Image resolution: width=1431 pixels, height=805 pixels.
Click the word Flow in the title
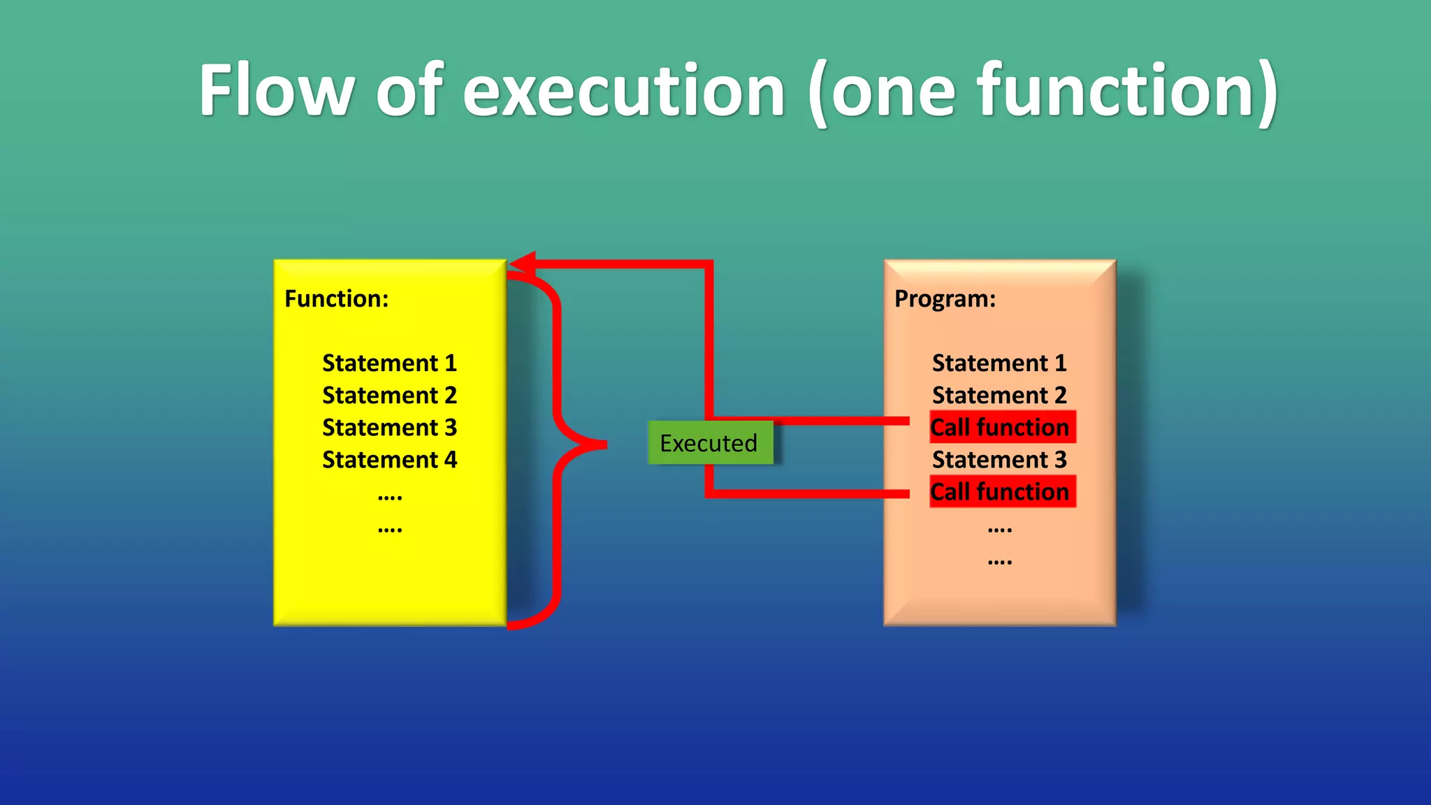[275, 91]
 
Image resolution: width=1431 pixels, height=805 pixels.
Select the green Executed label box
[710, 443]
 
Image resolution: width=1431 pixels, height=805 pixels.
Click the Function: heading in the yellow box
[336, 299]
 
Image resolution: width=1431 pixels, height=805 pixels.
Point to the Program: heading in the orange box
[945, 299]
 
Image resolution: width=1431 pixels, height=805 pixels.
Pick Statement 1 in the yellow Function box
[389, 363]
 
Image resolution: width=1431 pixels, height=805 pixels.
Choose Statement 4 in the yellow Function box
[389, 460]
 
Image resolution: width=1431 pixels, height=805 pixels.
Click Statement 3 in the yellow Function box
[389, 428]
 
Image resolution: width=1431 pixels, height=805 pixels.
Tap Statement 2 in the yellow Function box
[389, 396]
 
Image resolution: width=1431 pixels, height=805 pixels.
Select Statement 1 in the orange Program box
[999, 363]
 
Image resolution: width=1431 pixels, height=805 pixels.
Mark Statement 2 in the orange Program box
[999, 396]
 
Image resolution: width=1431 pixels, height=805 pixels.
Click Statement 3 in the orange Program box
[999, 460]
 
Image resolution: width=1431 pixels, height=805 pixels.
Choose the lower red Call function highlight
[1002, 492]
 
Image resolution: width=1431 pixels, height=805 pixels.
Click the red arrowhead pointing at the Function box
[523, 263]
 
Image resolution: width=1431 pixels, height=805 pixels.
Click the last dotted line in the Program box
[999, 561]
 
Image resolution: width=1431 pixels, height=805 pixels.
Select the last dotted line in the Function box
[389, 529]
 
